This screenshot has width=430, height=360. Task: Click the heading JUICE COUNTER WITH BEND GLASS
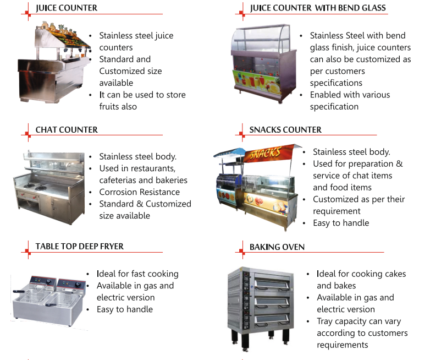(x=317, y=8)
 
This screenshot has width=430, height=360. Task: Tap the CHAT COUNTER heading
(x=67, y=130)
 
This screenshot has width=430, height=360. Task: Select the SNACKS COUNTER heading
(x=285, y=130)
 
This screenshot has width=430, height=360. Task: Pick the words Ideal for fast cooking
(x=137, y=274)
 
